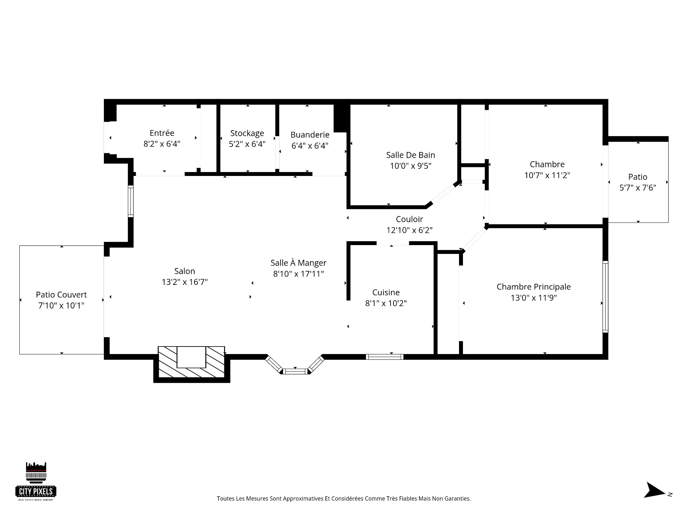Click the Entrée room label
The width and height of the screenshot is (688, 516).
click(162, 133)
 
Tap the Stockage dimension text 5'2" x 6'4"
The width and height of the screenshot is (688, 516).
click(247, 144)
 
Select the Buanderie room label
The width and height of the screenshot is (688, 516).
click(310, 135)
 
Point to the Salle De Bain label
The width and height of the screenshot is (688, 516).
click(411, 155)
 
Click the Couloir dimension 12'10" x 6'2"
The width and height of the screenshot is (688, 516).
click(410, 230)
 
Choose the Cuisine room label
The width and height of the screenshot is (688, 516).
click(386, 292)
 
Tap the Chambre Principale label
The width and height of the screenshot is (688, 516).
click(534, 287)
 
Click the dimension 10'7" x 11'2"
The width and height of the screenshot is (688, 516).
click(547, 175)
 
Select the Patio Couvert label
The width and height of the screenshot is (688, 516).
click(61, 295)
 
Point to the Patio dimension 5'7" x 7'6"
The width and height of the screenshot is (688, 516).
click(638, 188)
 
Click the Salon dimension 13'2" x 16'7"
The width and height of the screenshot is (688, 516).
click(185, 282)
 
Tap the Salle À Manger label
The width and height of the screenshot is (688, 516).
click(298, 263)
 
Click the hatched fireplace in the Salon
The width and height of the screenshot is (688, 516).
click(191, 362)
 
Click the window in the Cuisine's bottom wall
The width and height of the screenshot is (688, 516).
click(384, 357)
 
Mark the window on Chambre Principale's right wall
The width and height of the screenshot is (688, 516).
click(605, 297)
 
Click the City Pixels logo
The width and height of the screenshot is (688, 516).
click(36, 481)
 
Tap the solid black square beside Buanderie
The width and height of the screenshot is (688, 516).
click(340, 118)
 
